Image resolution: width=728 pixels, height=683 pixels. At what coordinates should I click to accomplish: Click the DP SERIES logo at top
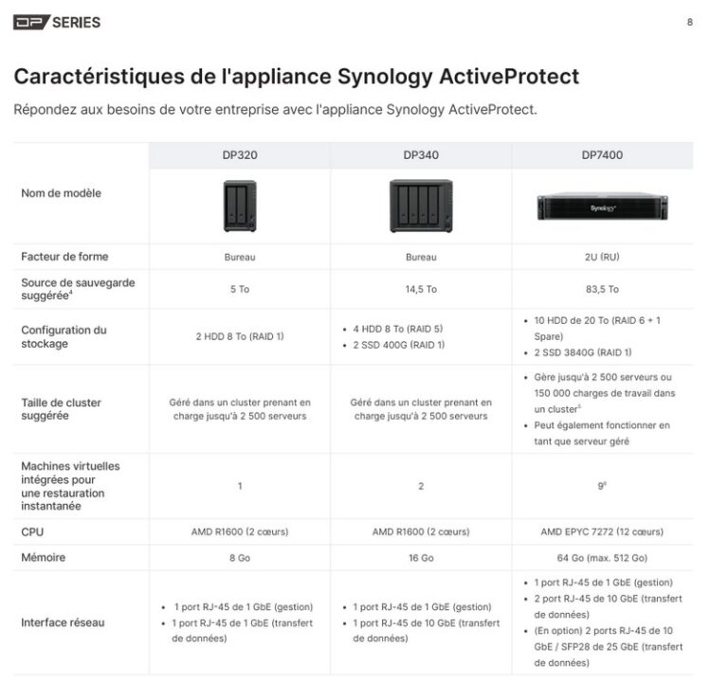click(x=57, y=22)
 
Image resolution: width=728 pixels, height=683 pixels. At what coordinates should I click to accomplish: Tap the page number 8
click(x=689, y=22)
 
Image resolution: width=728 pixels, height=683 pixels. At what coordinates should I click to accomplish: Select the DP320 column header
click(x=239, y=155)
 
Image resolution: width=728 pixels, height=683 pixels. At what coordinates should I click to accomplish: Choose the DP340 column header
click(x=421, y=155)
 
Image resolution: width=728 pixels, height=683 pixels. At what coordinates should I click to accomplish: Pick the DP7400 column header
click(x=602, y=155)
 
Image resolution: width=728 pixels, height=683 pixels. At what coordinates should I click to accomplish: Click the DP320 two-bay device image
click(x=239, y=207)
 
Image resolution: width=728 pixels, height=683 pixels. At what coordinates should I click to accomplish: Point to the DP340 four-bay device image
click(x=421, y=206)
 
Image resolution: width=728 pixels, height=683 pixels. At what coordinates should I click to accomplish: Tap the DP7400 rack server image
click(x=602, y=207)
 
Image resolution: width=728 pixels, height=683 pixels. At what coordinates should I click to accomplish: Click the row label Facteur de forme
click(x=64, y=257)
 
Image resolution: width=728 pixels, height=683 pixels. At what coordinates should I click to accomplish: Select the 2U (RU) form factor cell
click(x=602, y=257)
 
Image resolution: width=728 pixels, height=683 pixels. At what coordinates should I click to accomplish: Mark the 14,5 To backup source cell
click(x=421, y=289)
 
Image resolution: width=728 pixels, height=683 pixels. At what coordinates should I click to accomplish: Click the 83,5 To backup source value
click(x=602, y=289)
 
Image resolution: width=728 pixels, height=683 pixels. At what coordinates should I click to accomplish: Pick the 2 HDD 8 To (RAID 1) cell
click(x=239, y=336)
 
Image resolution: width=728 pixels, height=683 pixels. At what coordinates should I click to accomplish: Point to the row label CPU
click(x=32, y=532)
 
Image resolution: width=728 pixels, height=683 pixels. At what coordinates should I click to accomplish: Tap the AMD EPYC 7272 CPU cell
click(x=602, y=532)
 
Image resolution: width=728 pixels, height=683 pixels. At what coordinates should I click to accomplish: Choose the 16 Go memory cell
click(x=421, y=558)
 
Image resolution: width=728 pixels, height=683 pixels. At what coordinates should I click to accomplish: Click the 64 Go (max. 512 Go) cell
click(x=602, y=558)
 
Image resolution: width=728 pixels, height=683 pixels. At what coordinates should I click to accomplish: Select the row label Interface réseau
click(x=63, y=623)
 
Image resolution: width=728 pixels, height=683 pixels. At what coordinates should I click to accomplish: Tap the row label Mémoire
click(x=44, y=558)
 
